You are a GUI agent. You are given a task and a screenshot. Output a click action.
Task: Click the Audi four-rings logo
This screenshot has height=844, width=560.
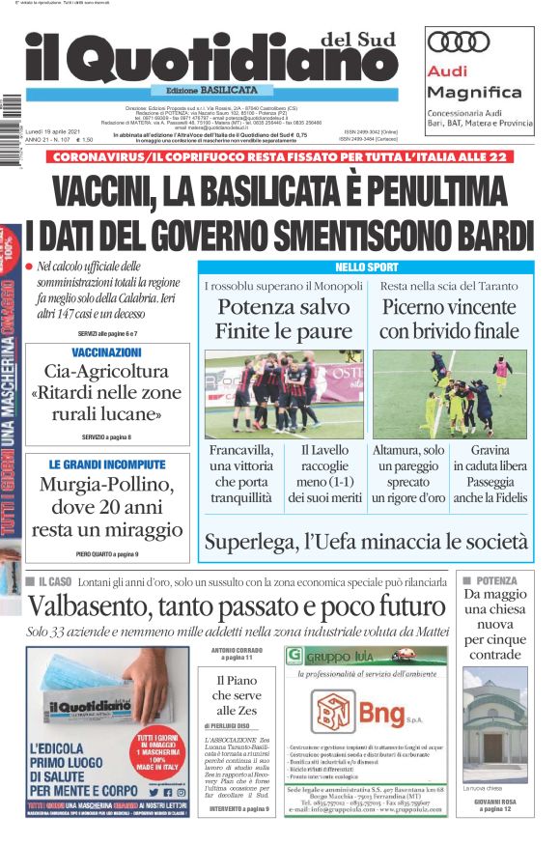pos(460,42)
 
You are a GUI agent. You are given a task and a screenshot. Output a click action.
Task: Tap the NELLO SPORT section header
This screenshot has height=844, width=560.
pos(366,267)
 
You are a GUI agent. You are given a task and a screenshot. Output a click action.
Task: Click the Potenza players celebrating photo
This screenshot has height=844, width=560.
pos(284,394)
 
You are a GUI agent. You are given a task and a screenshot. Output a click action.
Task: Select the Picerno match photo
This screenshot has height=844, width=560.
pos(449,394)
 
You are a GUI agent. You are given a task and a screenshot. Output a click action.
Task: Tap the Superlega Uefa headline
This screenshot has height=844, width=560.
pos(366,542)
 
